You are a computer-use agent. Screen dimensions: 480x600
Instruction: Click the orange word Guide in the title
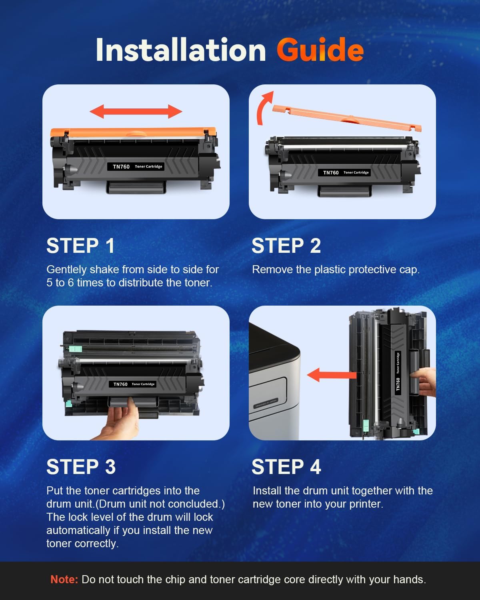point(320,50)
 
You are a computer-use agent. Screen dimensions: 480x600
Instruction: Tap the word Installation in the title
point(181,50)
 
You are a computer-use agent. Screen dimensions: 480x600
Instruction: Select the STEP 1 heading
point(80,246)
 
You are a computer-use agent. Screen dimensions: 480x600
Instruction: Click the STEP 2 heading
point(286,246)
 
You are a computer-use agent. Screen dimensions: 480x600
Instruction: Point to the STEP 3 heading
point(81,467)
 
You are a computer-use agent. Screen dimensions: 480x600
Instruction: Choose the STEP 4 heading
point(286,467)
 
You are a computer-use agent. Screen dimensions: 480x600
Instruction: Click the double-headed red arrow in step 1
point(136,112)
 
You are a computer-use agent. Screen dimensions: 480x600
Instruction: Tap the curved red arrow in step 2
point(264,109)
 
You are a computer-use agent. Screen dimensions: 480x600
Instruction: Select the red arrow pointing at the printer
point(331,375)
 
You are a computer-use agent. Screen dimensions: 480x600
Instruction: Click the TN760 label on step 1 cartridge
point(121,167)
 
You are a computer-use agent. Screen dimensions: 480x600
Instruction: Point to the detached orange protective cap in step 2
point(347,118)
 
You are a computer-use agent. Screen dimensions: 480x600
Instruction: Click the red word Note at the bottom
point(64,579)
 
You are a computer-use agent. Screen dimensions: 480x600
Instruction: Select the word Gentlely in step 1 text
point(67,270)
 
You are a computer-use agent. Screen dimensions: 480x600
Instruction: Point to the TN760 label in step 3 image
point(120,384)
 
